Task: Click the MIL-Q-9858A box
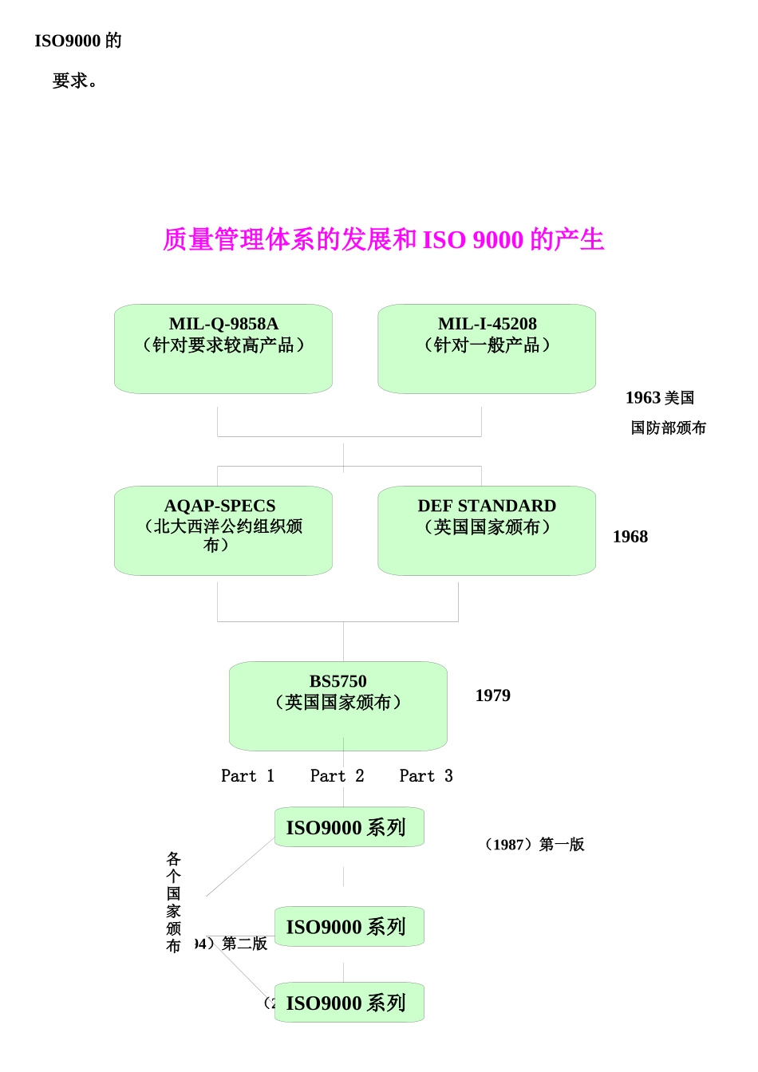(223, 349)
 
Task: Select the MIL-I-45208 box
(487, 349)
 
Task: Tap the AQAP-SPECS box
(223, 530)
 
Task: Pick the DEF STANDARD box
(487, 530)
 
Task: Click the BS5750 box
(338, 706)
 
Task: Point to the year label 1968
(630, 537)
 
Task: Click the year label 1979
(493, 696)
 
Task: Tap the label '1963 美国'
(660, 398)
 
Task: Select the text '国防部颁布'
(669, 428)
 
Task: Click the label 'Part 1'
(247, 776)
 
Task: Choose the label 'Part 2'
(337, 776)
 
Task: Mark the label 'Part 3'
(426, 776)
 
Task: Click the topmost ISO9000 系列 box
(349, 827)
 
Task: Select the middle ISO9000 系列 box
(349, 927)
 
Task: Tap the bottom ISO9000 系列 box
(349, 1003)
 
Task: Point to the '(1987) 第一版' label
(535, 845)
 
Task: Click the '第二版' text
(244, 944)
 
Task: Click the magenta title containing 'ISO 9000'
(384, 239)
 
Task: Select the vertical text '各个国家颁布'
(174, 902)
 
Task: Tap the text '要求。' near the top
(76, 81)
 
